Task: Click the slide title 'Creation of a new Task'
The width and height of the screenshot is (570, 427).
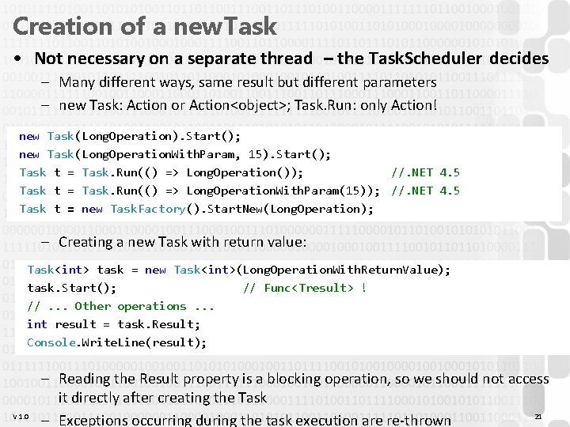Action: (x=145, y=25)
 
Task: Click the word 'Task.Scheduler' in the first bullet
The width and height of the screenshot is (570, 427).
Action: (x=427, y=59)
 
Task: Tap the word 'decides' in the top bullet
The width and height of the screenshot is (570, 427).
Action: (x=519, y=59)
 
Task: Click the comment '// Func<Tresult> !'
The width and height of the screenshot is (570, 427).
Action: (x=305, y=288)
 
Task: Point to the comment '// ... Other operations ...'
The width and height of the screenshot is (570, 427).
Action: (x=121, y=306)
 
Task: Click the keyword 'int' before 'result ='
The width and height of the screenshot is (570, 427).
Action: (x=36, y=324)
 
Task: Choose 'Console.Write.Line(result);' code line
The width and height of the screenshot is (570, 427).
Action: (x=116, y=342)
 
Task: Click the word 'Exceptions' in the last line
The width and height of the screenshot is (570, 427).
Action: (x=97, y=419)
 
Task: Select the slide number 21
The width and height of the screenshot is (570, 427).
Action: (x=538, y=417)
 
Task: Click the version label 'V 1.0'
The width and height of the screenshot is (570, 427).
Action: (x=21, y=417)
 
